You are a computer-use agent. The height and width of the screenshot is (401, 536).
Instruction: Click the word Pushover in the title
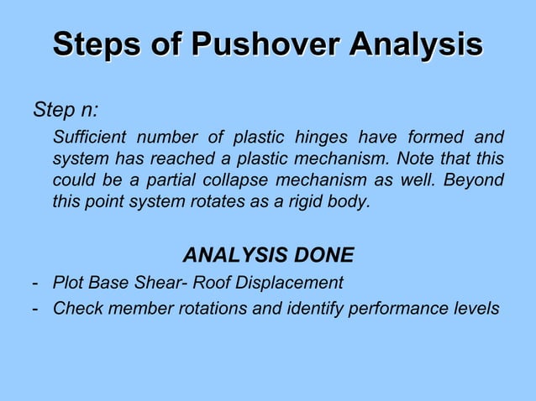point(265,45)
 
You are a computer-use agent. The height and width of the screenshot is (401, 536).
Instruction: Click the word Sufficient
point(89,137)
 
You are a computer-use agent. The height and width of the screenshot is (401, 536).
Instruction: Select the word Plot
point(68,282)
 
